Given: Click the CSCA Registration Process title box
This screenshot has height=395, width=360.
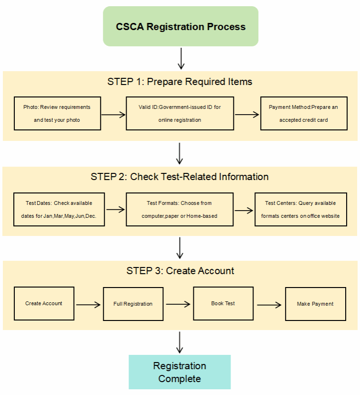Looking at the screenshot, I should click(180, 26).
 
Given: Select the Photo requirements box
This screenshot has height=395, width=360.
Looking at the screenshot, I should click(57, 113).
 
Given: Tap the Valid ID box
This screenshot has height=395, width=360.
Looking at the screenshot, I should click(180, 113).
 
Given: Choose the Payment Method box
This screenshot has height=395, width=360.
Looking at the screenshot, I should click(303, 113).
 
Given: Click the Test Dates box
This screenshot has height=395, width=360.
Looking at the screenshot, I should click(59, 209).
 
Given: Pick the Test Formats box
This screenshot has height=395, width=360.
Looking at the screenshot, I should click(180, 209).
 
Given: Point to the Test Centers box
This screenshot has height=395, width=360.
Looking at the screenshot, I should click(301, 209).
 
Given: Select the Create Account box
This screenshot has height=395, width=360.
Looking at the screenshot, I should click(44, 303).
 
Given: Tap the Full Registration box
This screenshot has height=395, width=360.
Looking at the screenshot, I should click(133, 304).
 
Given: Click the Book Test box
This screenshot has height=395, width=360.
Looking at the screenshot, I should click(223, 303).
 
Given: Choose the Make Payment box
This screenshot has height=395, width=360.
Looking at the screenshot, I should click(315, 304).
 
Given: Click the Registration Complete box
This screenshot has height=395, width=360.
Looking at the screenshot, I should click(180, 372).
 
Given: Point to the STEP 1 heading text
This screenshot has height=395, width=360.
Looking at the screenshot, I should click(180, 82).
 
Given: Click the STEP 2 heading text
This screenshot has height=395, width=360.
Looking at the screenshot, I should click(180, 177).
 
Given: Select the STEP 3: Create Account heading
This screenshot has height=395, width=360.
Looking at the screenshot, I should click(180, 271).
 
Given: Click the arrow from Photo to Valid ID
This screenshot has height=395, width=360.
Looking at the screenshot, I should click(113, 115).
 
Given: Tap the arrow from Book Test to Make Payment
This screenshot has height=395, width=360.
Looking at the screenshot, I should click(269, 304).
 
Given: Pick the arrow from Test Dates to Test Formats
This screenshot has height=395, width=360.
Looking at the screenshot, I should click(115, 209).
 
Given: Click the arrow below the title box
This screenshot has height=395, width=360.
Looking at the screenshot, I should click(180, 58).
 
